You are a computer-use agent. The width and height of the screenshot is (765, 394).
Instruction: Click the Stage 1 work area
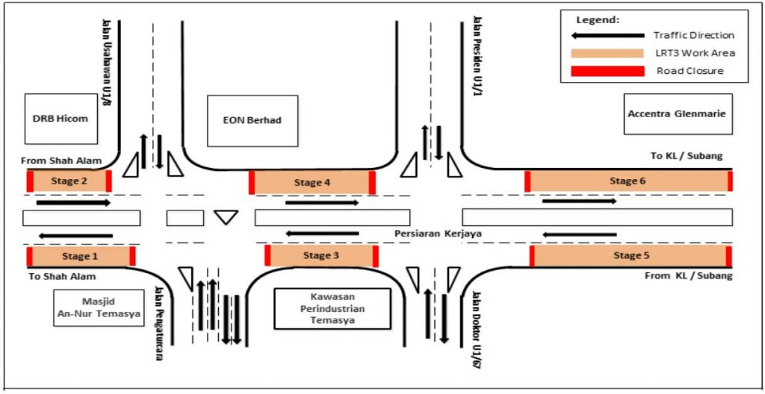(80, 257)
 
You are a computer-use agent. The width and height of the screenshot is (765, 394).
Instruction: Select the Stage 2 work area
(69, 181)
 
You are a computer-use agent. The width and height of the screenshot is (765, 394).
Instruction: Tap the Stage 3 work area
(321, 256)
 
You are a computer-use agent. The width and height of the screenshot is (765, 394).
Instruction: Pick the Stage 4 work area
(312, 182)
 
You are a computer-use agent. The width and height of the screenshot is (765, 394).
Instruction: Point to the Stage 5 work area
(631, 256)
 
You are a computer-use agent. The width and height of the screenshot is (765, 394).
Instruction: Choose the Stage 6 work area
(628, 181)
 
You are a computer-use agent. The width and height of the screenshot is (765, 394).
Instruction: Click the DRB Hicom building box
(61, 119)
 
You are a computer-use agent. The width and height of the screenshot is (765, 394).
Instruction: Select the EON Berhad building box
(252, 120)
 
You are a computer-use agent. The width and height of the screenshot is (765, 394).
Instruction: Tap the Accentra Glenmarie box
(678, 113)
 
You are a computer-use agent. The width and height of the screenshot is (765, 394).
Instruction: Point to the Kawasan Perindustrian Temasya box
(332, 308)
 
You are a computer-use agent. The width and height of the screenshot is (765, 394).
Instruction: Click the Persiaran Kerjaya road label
(438, 234)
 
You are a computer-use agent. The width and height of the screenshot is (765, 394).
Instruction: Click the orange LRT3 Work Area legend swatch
(607, 53)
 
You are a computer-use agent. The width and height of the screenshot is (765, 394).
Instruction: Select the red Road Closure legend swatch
(607, 71)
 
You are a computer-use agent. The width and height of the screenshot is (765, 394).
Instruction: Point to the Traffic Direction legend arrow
(607, 35)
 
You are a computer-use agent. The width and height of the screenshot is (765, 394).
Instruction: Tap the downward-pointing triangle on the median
(226, 217)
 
